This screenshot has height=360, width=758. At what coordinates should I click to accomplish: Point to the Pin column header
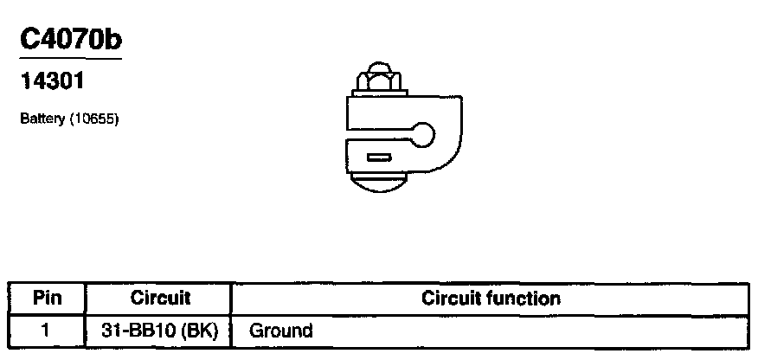(47, 299)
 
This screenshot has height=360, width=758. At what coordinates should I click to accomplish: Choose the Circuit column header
(160, 299)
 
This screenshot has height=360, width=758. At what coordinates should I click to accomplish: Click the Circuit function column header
(491, 299)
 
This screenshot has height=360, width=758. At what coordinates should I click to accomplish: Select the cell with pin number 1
(47, 330)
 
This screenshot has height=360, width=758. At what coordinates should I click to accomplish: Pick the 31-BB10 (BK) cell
(160, 330)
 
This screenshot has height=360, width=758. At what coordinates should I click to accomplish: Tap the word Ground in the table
(280, 330)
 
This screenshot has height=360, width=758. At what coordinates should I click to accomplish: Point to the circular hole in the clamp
(424, 134)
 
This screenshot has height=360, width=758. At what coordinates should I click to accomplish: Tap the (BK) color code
(197, 330)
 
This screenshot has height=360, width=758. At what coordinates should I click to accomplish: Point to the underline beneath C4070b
(69, 59)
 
